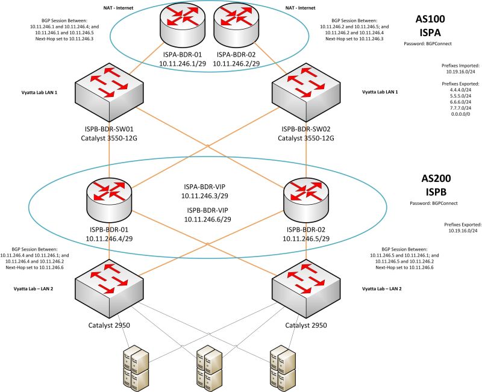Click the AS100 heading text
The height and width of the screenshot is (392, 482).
click(433, 19)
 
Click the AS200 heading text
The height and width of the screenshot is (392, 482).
click(433, 179)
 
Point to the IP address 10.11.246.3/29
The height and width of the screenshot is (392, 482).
click(208, 196)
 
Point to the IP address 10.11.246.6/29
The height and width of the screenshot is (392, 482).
click(208, 220)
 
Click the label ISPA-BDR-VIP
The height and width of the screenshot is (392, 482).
click(208, 186)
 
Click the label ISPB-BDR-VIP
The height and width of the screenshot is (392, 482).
click(208, 210)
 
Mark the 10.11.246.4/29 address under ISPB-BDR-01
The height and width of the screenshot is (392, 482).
click(108, 238)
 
